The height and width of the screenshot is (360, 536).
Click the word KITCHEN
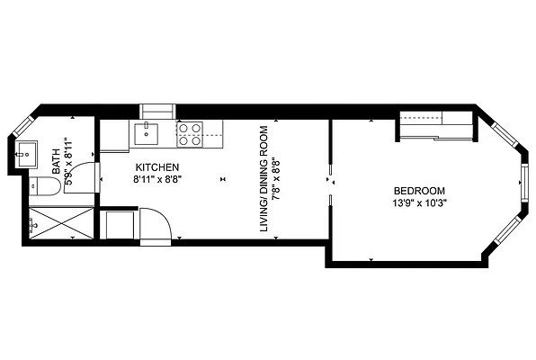(157, 167)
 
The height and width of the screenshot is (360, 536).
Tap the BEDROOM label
(419, 191)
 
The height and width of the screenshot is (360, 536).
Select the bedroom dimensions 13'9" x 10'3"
(419, 203)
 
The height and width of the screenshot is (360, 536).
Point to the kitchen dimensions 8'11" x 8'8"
(157, 180)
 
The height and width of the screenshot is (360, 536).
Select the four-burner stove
(189, 134)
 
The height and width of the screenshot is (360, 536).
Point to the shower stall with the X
(58, 222)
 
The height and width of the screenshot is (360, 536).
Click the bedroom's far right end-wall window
(523, 184)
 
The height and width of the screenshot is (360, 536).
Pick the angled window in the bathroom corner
(22, 126)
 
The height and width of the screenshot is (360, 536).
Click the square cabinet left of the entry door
(120, 225)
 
